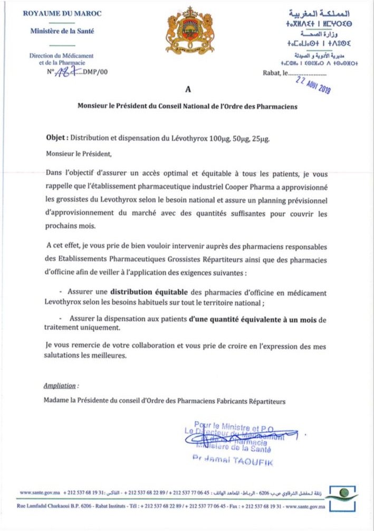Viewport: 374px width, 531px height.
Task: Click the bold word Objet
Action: (x=56, y=138)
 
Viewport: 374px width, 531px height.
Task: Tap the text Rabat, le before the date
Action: (x=273, y=73)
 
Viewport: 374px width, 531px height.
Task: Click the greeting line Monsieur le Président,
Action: (x=79, y=155)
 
